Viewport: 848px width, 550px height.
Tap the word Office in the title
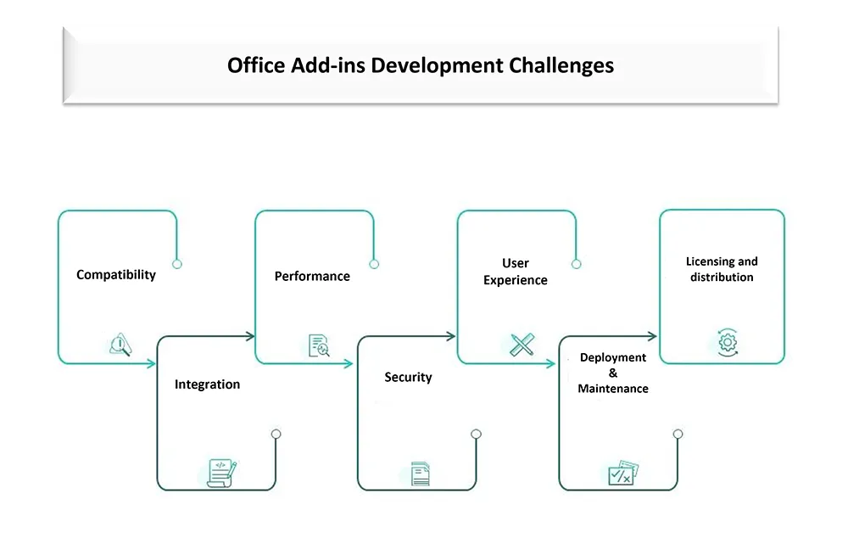pos(256,65)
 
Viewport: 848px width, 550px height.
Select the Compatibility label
pos(115,275)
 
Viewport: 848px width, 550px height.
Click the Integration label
pos(207,384)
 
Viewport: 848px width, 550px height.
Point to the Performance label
pos(312,276)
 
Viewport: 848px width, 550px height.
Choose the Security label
pos(409,378)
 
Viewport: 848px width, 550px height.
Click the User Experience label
pos(516,272)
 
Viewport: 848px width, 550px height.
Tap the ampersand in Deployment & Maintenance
pos(613,373)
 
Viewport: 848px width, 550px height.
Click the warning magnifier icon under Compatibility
pos(120,345)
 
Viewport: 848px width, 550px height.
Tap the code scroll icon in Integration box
pos(221,473)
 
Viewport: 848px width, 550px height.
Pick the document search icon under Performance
pos(319,345)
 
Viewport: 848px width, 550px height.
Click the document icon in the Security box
pos(421,474)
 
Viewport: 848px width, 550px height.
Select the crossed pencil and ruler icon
pos(522,345)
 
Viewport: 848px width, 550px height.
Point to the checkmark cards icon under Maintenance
pos(623,473)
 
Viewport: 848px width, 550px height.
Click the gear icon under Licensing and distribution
pos(728,342)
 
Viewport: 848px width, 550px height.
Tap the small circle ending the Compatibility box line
pos(177,264)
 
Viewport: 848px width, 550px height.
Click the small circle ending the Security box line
pos(476,435)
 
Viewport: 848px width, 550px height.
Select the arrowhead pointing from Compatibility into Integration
pos(151,364)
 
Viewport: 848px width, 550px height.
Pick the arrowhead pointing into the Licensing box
pos(652,336)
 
